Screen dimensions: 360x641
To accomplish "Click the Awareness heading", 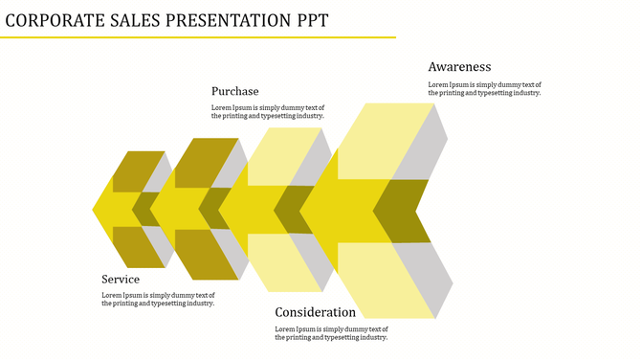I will coord(459,67).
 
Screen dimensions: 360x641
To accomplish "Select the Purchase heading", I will coord(234,91).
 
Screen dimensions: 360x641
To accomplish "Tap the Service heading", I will coord(121,279).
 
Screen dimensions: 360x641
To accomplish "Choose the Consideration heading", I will coord(315,312).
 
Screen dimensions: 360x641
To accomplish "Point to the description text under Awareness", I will coord(484,89).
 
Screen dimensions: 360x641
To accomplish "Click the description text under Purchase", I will coord(267,111).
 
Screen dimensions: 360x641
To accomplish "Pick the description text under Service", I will coord(158,299).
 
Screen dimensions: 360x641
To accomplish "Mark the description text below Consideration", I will coord(331,333).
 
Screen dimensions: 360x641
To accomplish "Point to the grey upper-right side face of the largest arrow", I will coord(426,144).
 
